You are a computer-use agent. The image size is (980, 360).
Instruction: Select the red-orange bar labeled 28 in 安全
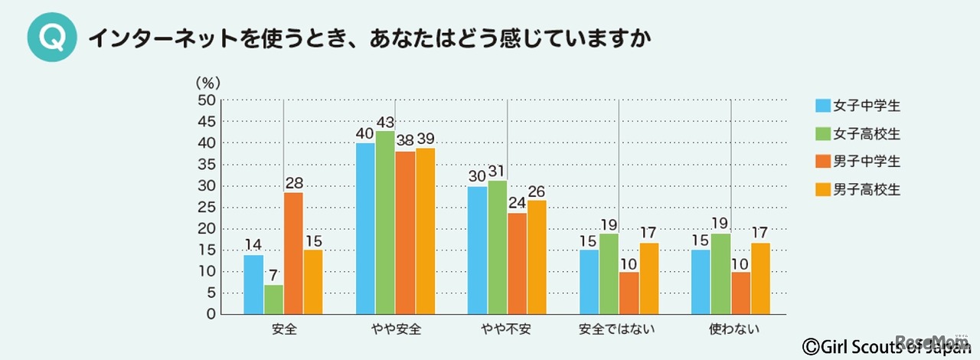click(293, 254)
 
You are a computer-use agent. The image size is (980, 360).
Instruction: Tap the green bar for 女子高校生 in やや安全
click(385, 223)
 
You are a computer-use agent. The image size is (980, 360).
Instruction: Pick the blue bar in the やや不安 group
click(477, 250)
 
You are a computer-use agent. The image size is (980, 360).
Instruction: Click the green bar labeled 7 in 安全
click(273, 299)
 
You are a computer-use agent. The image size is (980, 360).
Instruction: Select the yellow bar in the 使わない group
click(760, 278)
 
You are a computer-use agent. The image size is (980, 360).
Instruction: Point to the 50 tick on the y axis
click(206, 100)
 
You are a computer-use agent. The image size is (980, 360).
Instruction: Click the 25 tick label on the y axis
click(206, 208)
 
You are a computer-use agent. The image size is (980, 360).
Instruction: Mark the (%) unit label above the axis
click(207, 81)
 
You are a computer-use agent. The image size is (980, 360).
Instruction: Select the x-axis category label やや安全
click(396, 331)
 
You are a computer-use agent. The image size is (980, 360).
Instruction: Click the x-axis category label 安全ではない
click(619, 331)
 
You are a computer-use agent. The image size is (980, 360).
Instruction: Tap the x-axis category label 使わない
click(730, 331)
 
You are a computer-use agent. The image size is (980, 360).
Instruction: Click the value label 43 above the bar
click(385, 123)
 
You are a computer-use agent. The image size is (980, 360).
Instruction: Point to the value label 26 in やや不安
click(536, 191)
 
